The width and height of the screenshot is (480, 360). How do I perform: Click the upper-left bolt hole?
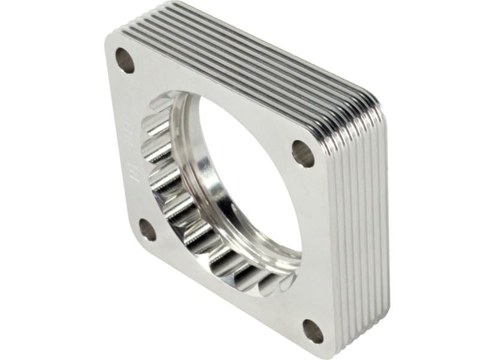pos(125,61)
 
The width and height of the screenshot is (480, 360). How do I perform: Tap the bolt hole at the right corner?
pos(303,154)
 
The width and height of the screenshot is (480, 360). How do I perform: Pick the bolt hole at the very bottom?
pos(313,331)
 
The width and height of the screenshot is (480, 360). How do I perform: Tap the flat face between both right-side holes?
pos(312,240)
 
